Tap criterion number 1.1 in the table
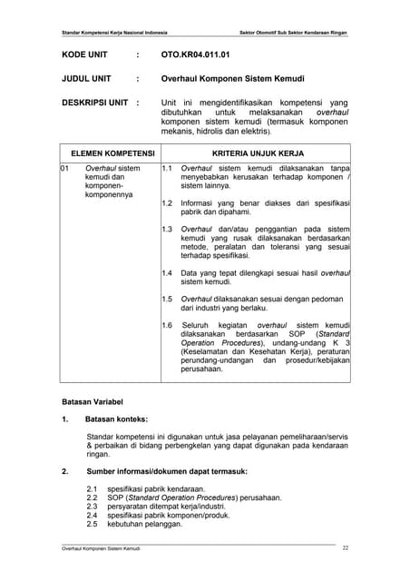coord(167,169)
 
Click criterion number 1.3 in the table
coord(167,228)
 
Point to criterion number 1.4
coord(167,272)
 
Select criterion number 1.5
coord(167,299)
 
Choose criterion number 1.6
coord(167,325)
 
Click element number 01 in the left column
coord(65,169)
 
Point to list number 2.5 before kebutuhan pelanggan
coord(91,525)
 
